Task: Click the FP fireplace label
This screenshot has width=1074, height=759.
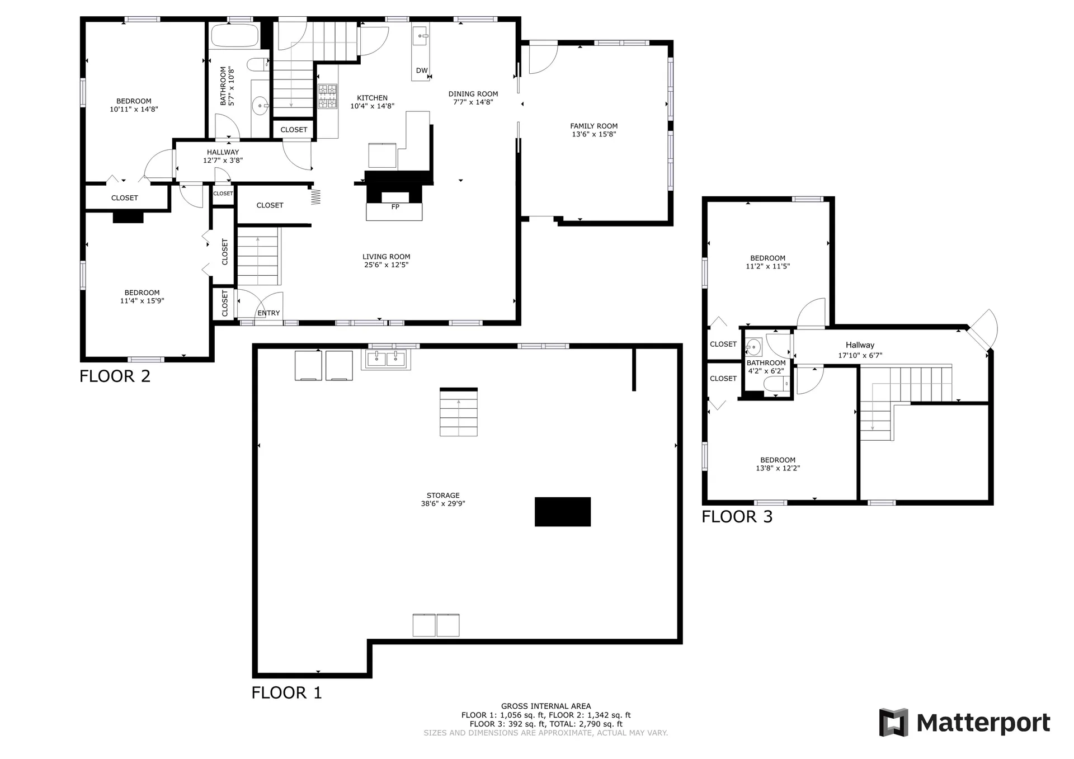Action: (395, 207)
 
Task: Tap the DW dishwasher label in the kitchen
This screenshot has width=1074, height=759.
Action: (422, 70)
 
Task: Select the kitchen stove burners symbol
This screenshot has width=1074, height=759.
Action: (328, 96)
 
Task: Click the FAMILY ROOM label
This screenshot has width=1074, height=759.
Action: (593, 126)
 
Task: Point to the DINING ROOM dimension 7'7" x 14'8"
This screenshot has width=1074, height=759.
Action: (473, 102)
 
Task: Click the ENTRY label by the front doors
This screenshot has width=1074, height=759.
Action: (268, 313)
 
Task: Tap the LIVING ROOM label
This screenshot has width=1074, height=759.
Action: (386, 257)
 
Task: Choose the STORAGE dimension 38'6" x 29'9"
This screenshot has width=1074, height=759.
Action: (443, 503)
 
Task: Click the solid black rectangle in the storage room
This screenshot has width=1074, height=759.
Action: (563, 512)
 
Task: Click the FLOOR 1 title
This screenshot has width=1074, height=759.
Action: (286, 692)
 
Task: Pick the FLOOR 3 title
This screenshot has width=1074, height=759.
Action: (737, 516)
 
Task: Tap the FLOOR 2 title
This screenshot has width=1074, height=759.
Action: (115, 376)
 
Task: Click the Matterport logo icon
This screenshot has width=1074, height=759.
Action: (893, 723)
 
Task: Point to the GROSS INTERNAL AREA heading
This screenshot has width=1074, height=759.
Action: (546, 706)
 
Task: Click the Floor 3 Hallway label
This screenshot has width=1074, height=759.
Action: (860, 345)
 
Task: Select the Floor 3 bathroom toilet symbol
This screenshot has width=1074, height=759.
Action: (778, 384)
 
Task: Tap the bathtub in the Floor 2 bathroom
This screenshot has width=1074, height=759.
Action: (234, 35)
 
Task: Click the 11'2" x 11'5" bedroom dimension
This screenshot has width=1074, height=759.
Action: (767, 266)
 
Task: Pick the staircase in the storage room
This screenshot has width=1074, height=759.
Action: (459, 412)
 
